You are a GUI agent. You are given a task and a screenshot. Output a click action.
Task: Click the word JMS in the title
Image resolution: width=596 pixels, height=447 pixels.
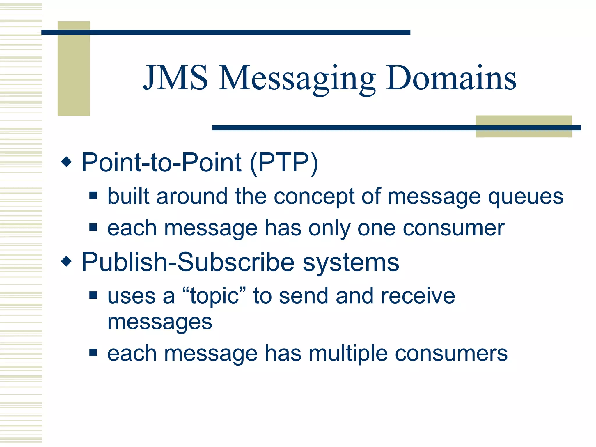click(176, 78)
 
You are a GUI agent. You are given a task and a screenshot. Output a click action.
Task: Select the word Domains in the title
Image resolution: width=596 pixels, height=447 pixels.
click(451, 78)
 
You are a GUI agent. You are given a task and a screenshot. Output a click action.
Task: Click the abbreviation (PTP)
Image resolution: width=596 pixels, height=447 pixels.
click(284, 163)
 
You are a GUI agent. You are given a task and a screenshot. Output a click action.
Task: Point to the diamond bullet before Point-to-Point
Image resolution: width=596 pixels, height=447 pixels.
click(67, 162)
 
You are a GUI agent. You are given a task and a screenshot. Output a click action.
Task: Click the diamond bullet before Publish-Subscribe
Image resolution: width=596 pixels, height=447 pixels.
click(67, 261)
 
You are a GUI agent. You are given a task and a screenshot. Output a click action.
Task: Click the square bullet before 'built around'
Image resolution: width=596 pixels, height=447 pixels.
click(93, 195)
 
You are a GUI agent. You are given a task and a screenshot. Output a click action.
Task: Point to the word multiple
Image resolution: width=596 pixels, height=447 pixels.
click(348, 354)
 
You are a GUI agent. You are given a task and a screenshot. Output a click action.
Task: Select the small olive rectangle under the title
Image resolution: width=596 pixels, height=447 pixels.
click(524, 126)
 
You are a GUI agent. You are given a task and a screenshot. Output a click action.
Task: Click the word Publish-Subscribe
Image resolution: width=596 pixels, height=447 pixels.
click(188, 262)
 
